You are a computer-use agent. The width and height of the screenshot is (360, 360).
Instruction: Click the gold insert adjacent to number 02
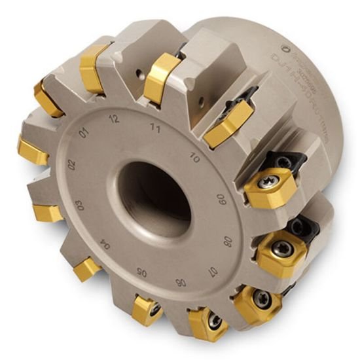tap(33, 151)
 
